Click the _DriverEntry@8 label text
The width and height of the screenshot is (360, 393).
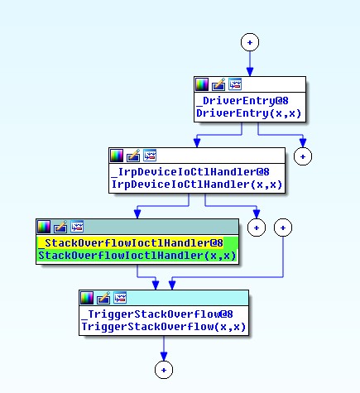(242, 101)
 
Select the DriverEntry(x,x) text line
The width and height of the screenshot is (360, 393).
(248, 113)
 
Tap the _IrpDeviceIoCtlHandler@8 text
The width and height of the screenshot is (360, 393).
(190, 172)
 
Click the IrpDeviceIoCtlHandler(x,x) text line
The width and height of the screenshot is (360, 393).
(197, 185)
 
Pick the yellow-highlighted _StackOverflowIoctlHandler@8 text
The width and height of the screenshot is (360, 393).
(131, 243)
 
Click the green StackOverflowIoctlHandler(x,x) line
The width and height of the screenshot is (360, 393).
(137, 256)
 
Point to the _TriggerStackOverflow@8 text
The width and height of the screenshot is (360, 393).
(157, 314)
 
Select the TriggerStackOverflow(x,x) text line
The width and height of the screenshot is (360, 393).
(164, 327)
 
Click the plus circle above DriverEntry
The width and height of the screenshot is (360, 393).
(250, 42)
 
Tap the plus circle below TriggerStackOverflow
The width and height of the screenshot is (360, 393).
(164, 370)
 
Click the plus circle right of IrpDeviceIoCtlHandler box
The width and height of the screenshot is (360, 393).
(303, 156)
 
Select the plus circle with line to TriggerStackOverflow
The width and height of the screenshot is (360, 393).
(283, 228)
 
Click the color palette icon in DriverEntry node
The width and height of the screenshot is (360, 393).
(202, 84)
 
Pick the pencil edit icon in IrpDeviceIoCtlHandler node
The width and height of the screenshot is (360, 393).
(133, 156)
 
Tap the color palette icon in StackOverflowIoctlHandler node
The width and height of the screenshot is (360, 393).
(44, 227)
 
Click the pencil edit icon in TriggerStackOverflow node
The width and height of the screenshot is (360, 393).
(103, 298)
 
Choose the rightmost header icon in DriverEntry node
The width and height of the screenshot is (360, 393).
(235, 84)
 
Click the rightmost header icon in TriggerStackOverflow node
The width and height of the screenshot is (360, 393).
(120, 298)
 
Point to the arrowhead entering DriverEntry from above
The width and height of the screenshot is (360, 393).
(250, 72)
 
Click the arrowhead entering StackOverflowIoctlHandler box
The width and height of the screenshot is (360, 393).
(137, 214)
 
